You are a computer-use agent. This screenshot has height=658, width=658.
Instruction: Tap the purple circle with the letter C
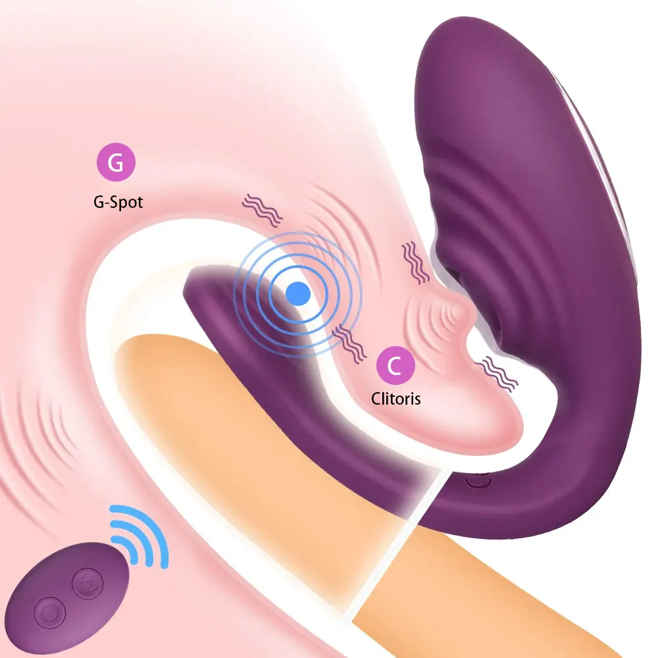click(x=394, y=365)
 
